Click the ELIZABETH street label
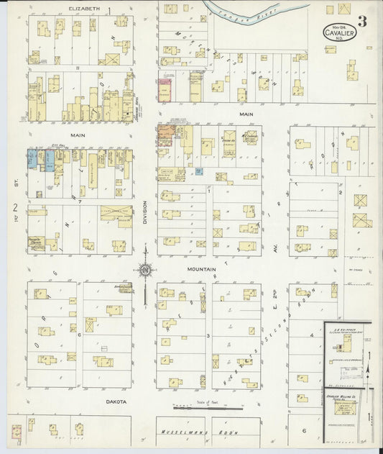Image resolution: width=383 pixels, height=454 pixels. click(x=83, y=9)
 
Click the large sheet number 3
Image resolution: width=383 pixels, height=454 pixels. click(x=363, y=22)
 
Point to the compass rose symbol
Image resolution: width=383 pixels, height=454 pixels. click(x=146, y=270)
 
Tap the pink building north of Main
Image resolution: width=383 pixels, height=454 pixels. click(x=165, y=90)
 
